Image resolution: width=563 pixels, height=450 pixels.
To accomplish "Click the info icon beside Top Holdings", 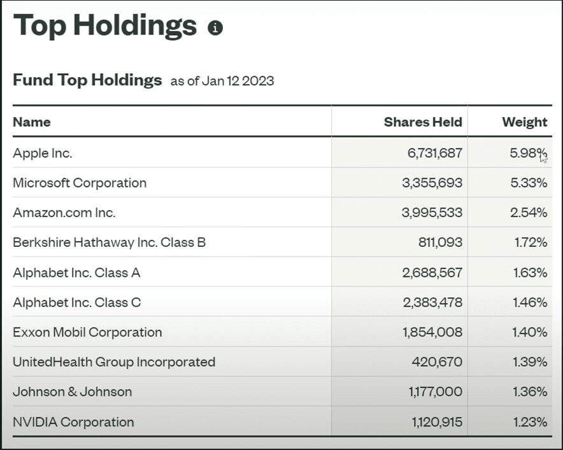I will pos(215,28).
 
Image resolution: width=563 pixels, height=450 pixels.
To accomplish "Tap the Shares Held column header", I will pos(423,122).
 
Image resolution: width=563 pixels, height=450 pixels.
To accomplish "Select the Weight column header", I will pos(524,122).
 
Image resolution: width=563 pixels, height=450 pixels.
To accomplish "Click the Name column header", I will pos(32,122).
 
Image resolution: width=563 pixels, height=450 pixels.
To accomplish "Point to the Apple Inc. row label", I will pos(43,153).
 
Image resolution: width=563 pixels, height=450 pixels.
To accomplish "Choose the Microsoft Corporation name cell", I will pos(80,183).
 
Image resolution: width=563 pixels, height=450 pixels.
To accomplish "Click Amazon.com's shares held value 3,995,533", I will pos(432,213).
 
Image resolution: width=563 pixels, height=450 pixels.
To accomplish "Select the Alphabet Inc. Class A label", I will pos(76,272).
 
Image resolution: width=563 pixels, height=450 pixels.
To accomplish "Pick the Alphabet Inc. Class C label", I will pos(77,302).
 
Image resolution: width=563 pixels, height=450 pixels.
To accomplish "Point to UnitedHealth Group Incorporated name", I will pos(114,362).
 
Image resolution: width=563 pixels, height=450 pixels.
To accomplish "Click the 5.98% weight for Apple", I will pos(527,153).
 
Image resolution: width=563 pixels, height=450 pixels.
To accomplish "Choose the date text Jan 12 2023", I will pos(238,81).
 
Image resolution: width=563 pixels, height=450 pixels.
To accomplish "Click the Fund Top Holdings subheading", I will pos(87,80).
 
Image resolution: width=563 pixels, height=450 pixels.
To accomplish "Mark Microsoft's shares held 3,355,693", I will pos(432,183).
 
